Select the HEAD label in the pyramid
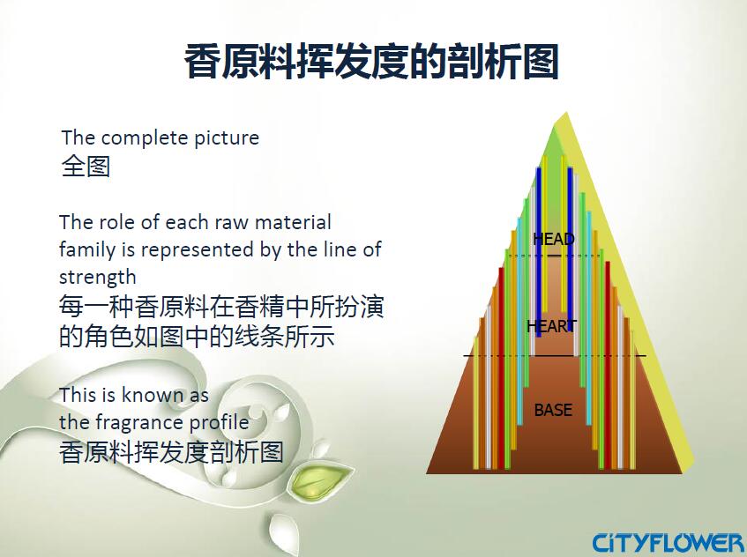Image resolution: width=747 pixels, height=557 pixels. (553, 239)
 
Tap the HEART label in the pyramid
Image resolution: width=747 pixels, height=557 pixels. (551, 326)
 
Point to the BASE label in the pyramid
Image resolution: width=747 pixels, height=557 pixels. (553, 410)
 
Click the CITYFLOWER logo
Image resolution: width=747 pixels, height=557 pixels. (668, 542)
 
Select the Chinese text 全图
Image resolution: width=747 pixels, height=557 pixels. (86, 166)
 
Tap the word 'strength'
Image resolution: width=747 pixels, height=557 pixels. (97, 277)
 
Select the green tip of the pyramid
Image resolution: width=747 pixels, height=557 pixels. (554, 141)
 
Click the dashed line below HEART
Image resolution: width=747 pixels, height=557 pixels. (555, 355)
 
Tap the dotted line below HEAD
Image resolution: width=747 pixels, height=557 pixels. (554, 256)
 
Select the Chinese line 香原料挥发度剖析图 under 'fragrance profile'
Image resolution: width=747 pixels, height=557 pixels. (171, 452)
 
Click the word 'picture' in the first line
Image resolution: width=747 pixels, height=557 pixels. (227, 137)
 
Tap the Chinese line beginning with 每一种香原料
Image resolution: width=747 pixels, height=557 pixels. (221, 308)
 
